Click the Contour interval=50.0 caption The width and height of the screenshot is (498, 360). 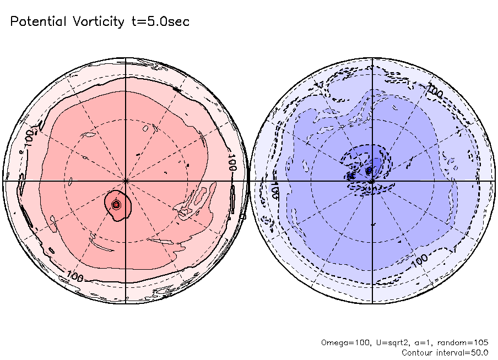[x=445, y=352]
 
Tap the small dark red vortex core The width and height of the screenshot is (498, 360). [x=116, y=204]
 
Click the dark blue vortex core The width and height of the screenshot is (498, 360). [x=369, y=171]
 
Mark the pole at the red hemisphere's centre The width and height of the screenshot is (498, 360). [x=126, y=180]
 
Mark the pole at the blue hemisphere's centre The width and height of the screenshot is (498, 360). [x=372, y=180]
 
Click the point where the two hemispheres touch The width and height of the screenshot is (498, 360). [x=249, y=180]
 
